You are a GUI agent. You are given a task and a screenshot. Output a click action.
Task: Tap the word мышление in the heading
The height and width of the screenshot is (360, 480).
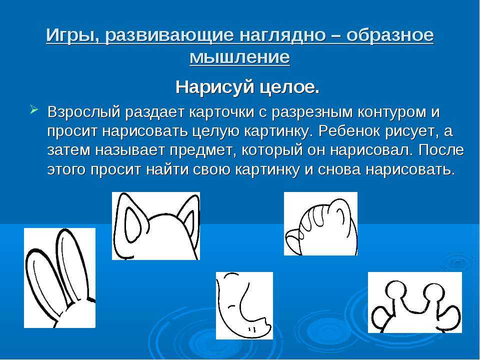tap(239, 57)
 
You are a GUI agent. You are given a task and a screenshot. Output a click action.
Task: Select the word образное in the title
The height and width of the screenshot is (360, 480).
tap(390, 35)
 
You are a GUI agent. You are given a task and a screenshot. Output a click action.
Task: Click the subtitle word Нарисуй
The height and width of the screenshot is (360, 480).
tap(215, 87)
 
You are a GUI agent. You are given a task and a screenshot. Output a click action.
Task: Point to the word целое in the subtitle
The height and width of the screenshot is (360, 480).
tap(289, 88)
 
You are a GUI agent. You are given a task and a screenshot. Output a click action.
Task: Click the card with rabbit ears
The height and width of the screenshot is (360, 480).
tap(59, 278)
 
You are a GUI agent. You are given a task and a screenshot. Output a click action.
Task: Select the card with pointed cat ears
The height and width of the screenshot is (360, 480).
tap(156, 226)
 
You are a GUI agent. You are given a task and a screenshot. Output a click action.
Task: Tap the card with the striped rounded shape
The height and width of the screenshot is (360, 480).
tap(320, 224)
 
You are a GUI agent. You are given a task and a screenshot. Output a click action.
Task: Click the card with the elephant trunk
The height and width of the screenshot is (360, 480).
tap(244, 305)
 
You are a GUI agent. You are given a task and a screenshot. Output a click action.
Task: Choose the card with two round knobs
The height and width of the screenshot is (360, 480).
tap(415, 302)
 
